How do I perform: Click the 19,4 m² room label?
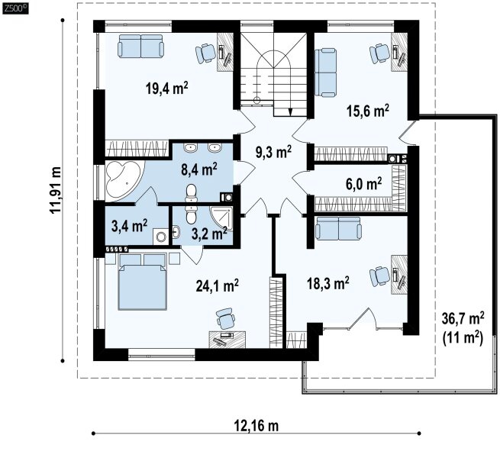166,88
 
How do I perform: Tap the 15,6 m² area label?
368,111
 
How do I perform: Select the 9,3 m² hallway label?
273,152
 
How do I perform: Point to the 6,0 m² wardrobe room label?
364,184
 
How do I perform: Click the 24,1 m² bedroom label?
217,285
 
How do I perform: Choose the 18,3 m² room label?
327,283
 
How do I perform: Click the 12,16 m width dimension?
256,425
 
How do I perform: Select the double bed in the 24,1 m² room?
143,282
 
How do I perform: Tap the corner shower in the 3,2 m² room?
221,218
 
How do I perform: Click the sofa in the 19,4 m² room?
140,47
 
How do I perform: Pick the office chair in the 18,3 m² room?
380,276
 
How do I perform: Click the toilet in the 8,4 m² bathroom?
192,193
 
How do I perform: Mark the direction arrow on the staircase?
290,111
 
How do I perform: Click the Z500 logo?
15,9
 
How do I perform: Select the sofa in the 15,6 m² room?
326,73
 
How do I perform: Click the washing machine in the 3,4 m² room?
160,237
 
